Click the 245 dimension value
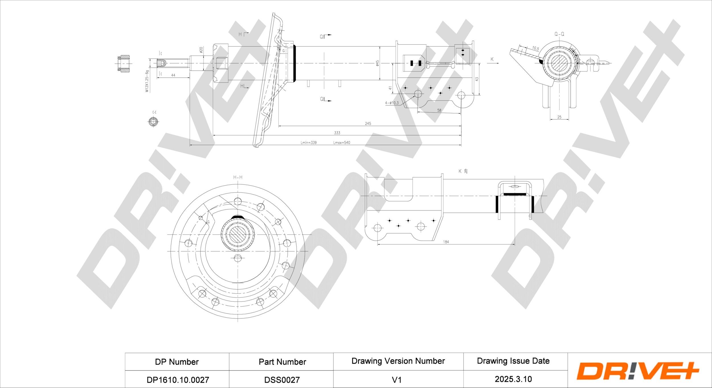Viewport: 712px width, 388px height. (x=368, y=124)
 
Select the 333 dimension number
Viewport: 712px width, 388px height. (x=337, y=133)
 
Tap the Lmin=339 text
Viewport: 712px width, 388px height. (x=308, y=142)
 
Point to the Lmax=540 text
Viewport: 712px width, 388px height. (x=341, y=142)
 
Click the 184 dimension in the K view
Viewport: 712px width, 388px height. (x=446, y=242)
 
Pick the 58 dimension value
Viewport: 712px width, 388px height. (x=439, y=110)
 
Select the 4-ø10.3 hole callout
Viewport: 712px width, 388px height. (x=392, y=103)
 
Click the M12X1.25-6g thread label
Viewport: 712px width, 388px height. (x=147, y=81)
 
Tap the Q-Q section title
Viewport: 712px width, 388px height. (x=559, y=34)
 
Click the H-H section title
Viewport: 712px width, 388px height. (x=238, y=177)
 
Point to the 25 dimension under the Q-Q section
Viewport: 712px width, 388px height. (x=559, y=117)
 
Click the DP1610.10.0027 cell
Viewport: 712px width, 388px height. (x=178, y=380)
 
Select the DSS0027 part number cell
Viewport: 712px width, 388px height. (x=282, y=380)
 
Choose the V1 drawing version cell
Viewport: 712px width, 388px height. (x=396, y=380)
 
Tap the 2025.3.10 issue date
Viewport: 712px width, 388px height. (x=513, y=379)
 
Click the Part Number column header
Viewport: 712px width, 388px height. (x=282, y=362)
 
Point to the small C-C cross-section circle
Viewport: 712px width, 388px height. (x=154, y=122)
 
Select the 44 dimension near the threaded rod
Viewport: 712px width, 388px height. (x=173, y=75)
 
